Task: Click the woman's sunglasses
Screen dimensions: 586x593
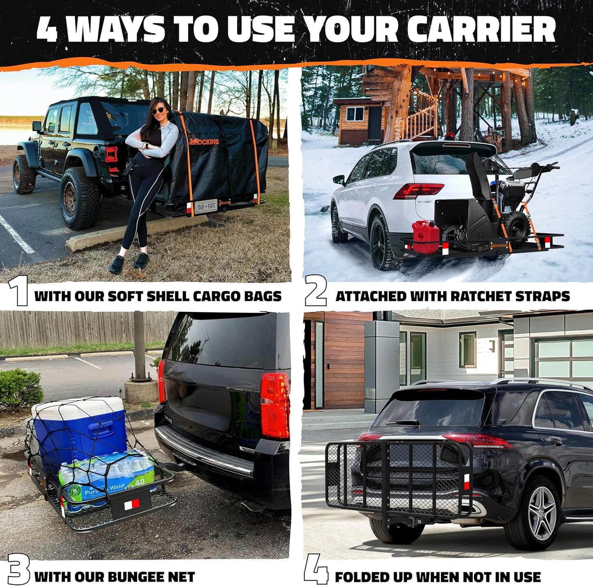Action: [x=159, y=111]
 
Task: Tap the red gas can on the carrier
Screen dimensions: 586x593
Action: [x=426, y=236]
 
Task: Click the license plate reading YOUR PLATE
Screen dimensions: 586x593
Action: [x=206, y=206]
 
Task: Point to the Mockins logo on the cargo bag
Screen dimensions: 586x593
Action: [x=205, y=142]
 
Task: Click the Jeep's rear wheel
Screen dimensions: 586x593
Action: [x=80, y=198]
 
